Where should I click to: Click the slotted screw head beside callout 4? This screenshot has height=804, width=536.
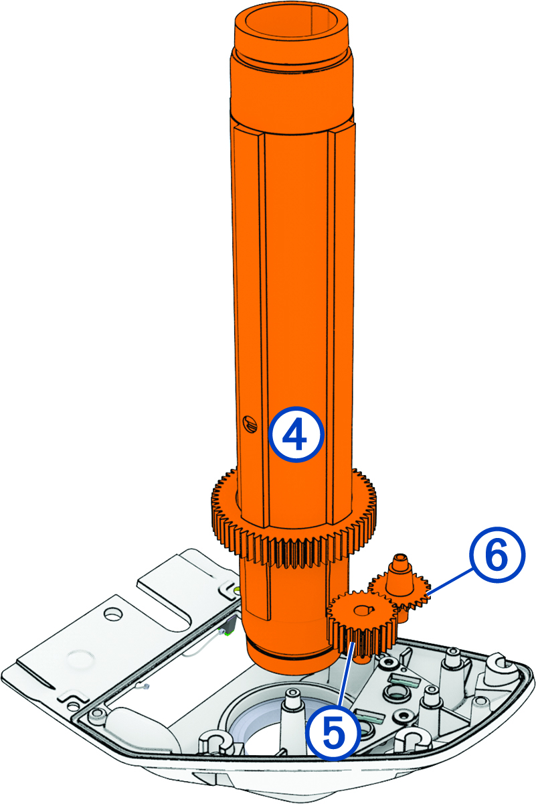(x=250, y=423)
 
